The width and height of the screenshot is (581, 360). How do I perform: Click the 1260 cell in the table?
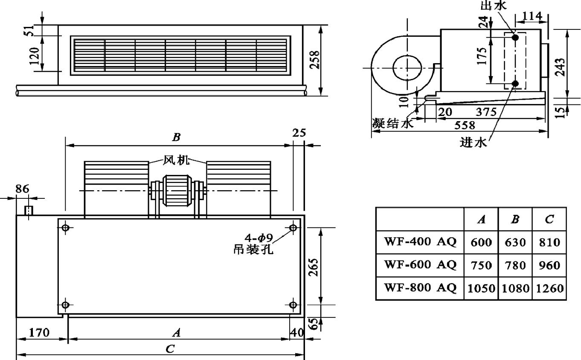point(549,288)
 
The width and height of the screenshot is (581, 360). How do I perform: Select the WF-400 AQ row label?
point(420,242)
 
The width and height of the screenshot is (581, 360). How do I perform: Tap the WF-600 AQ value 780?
point(515,265)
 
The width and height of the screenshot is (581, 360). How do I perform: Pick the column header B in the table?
point(515,220)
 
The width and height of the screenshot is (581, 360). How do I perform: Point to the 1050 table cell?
point(481,288)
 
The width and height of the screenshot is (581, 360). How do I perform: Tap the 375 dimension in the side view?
point(486,112)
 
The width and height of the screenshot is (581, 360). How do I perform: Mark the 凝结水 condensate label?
point(392,124)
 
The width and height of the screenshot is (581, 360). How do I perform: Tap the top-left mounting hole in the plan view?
point(65,228)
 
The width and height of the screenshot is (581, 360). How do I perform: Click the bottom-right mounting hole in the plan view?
point(293,305)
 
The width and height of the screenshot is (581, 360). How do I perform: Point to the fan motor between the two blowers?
point(177,190)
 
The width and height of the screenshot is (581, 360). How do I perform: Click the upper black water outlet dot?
point(515,38)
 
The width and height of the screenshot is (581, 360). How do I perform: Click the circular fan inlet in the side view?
point(407,68)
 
